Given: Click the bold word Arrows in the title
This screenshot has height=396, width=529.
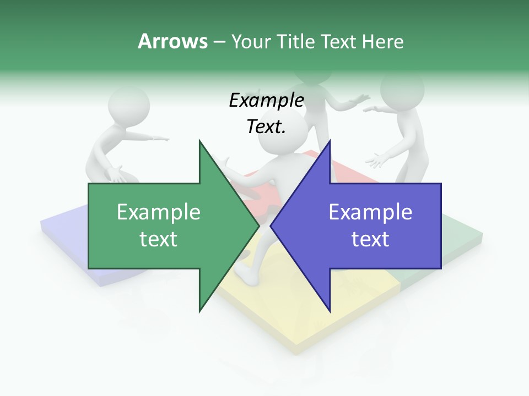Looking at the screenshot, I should [x=172, y=41].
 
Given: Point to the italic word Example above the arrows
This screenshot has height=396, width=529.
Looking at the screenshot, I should [x=266, y=101].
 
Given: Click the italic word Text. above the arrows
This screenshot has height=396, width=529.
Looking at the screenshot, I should [x=266, y=127].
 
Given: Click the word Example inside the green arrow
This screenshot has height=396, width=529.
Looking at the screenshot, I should [x=159, y=212].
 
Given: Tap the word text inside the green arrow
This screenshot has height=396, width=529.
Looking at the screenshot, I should [x=159, y=239].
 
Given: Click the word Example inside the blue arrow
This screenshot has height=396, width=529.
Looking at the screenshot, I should [x=370, y=212].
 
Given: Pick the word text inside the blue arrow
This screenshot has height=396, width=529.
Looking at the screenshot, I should [x=370, y=239].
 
